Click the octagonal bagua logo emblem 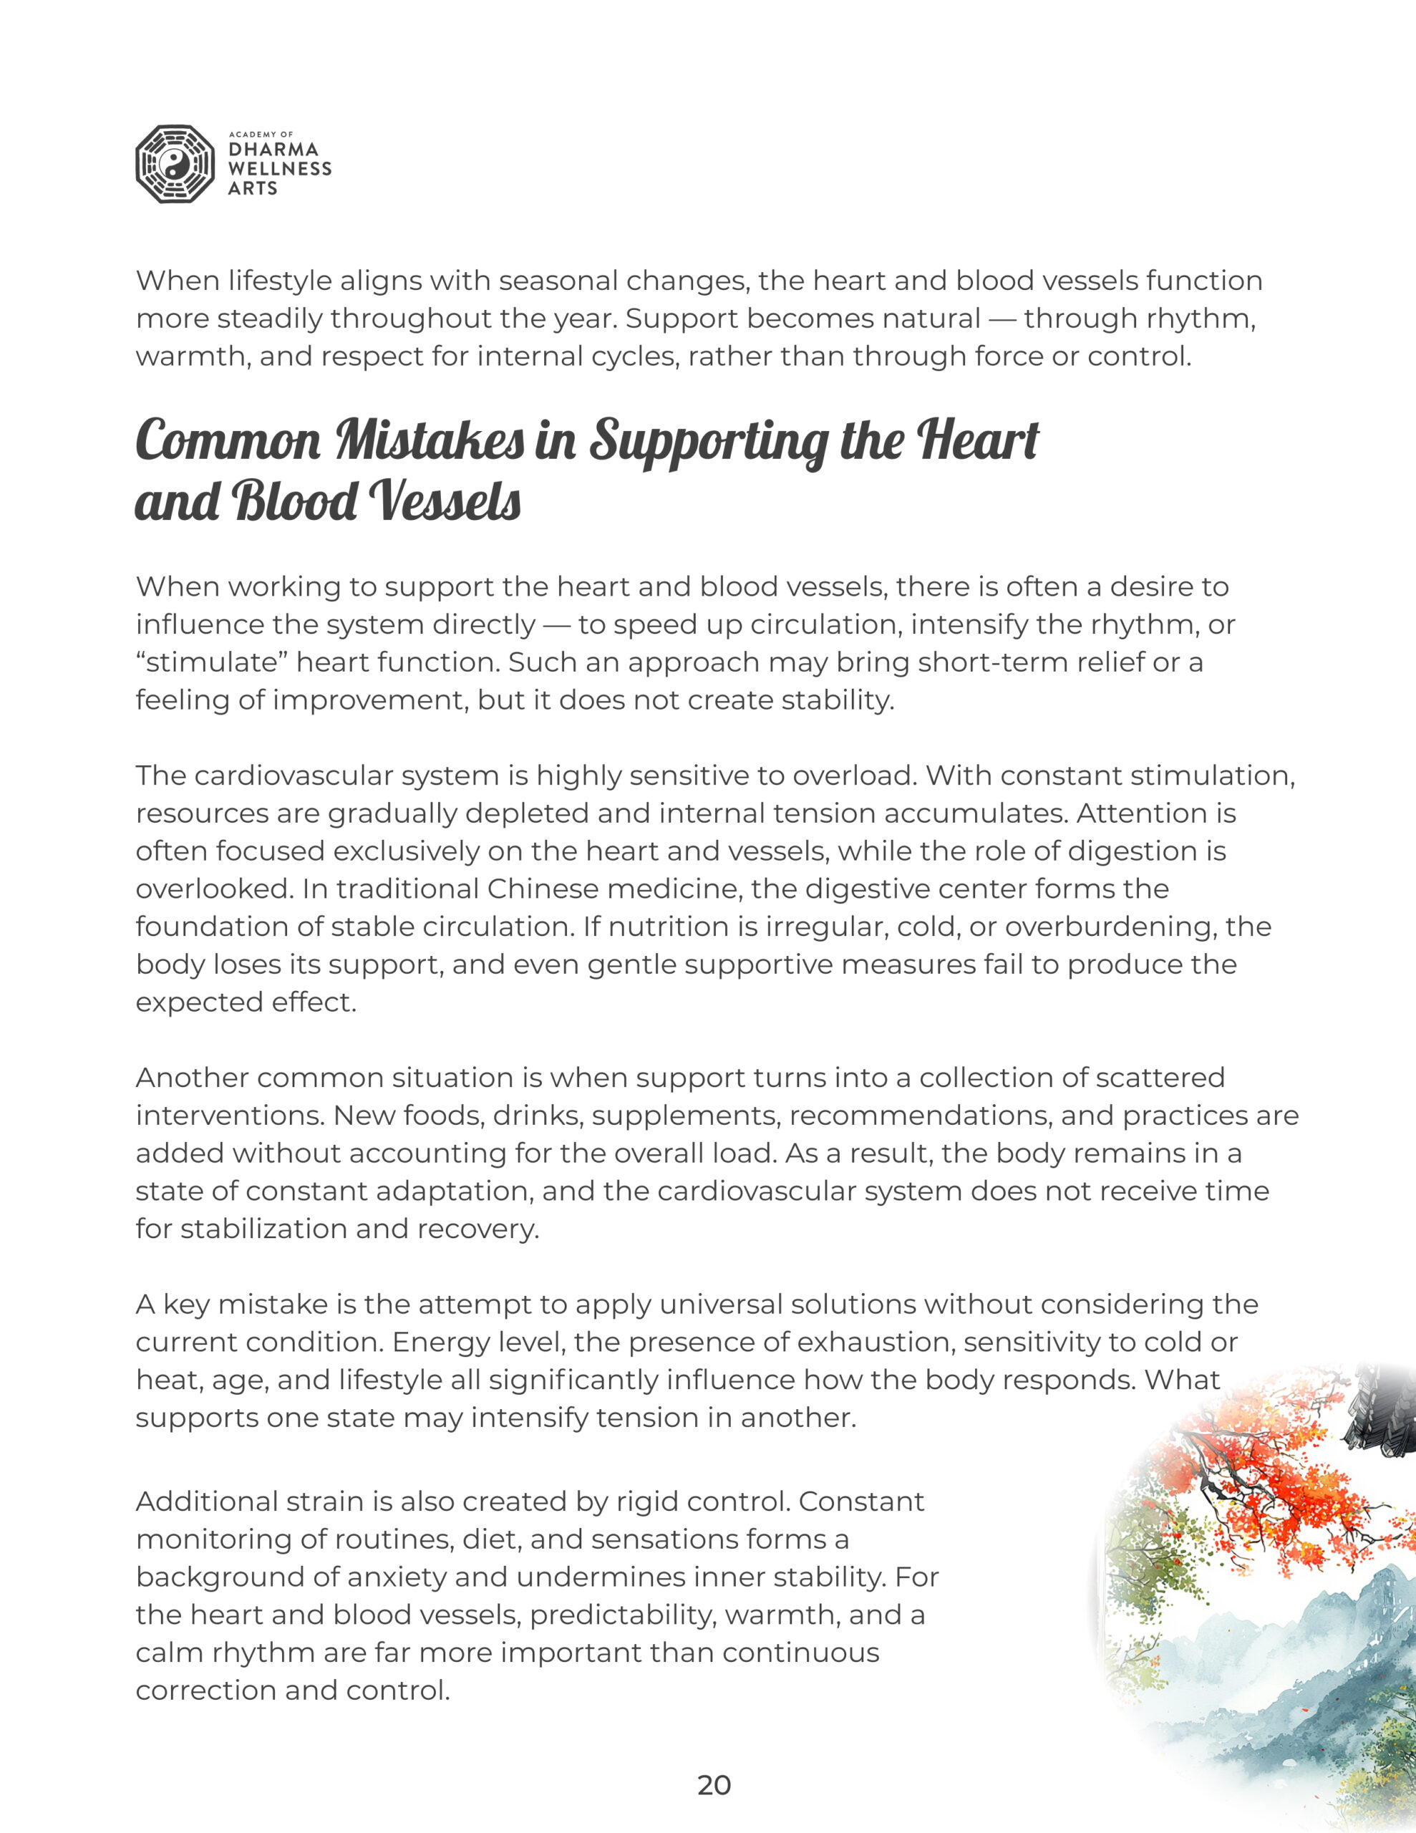(x=175, y=165)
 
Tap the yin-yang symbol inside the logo (x=175, y=165)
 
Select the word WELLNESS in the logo (x=279, y=169)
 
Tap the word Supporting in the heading (x=707, y=442)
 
